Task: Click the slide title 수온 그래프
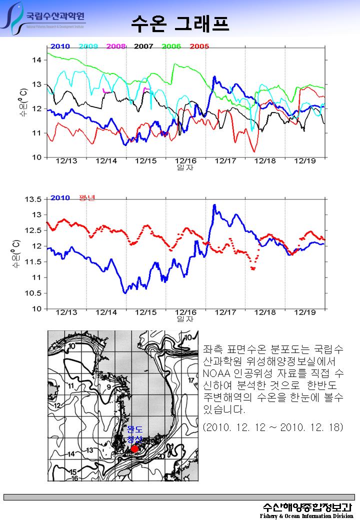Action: (x=180, y=22)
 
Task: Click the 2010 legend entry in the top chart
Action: (x=60, y=46)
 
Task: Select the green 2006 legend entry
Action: (x=171, y=46)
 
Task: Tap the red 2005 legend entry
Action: (x=199, y=46)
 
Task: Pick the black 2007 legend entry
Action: (x=143, y=46)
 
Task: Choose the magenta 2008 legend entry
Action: (x=115, y=46)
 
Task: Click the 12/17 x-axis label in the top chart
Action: (x=225, y=161)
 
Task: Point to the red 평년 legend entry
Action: (x=86, y=197)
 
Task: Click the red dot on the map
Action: (x=134, y=448)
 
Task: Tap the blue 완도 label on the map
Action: (x=135, y=429)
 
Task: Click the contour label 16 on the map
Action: (x=74, y=478)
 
